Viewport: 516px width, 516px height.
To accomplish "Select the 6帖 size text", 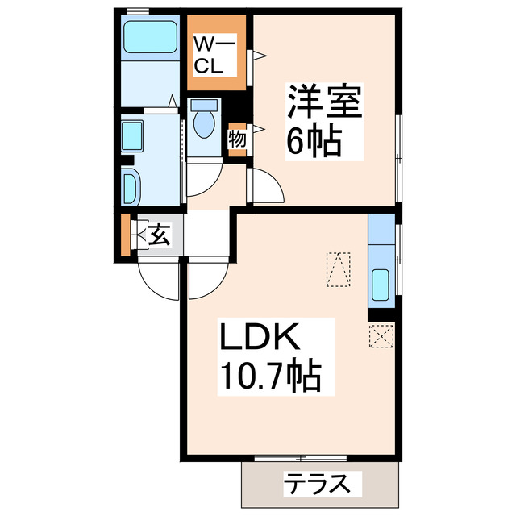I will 314,144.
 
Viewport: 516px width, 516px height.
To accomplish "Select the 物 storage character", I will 237,138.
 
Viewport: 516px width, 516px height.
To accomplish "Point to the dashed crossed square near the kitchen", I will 380,334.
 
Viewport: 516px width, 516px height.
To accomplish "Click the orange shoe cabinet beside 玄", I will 125,235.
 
